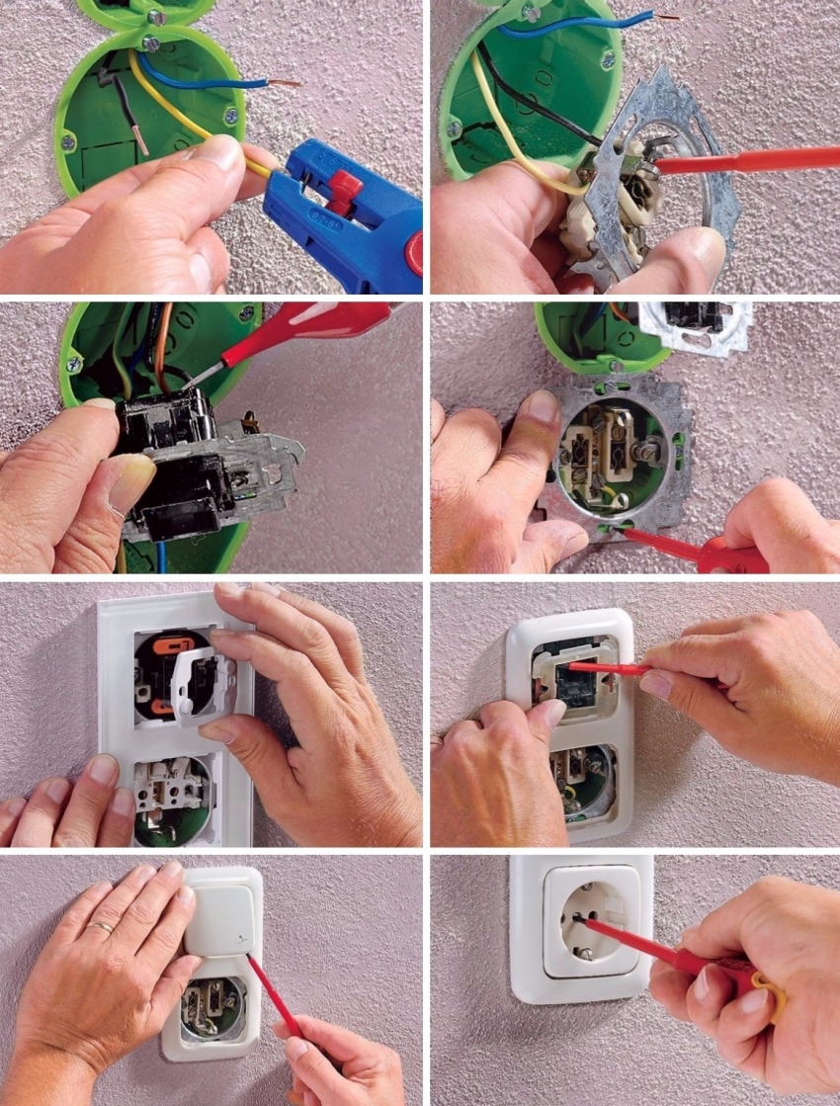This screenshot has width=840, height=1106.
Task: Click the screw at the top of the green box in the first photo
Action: coord(150,43)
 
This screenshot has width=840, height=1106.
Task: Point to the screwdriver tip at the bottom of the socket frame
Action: coord(620,528)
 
